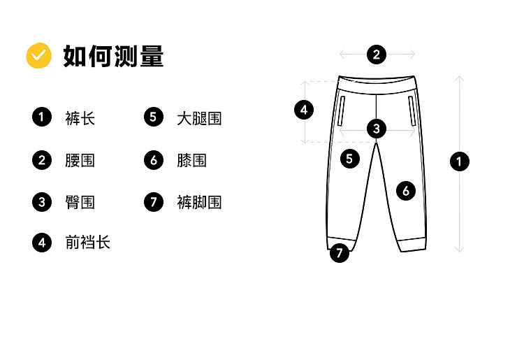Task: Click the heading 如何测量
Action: click(x=113, y=56)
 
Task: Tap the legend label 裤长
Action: click(x=80, y=118)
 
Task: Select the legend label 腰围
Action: click(x=80, y=160)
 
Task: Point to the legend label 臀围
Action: click(x=80, y=202)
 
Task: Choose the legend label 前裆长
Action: click(x=87, y=243)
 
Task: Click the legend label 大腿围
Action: click(x=199, y=118)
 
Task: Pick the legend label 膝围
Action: click(x=191, y=160)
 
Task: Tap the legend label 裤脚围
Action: click(x=199, y=202)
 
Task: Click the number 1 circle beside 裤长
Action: click(x=42, y=117)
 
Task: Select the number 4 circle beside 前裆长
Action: click(x=42, y=243)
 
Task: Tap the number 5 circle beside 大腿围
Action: click(x=154, y=117)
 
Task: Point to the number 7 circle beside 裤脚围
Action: click(x=154, y=202)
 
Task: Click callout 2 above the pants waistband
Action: click(x=377, y=54)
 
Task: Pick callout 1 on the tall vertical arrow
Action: click(x=459, y=161)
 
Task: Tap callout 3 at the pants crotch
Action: click(x=377, y=128)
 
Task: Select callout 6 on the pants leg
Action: click(x=406, y=190)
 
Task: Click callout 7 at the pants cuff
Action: click(x=340, y=252)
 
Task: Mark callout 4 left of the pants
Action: click(x=303, y=110)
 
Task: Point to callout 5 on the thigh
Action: click(x=350, y=158)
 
